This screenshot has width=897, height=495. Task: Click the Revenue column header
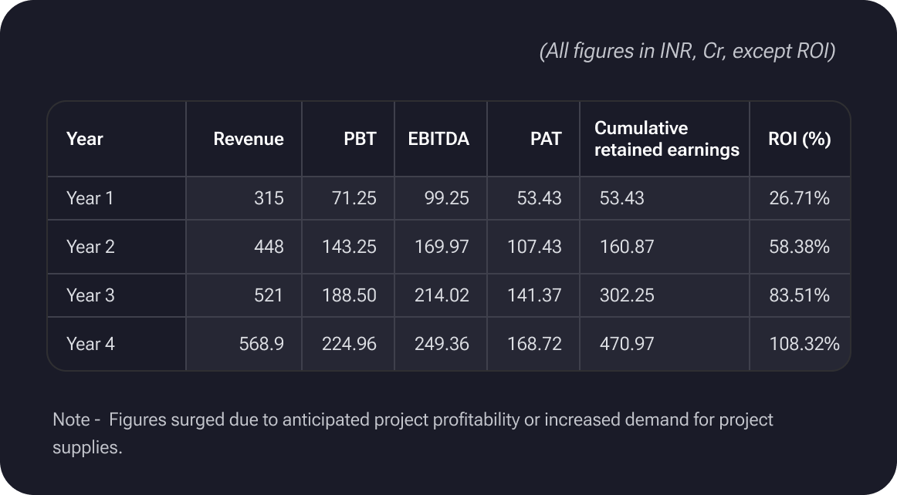[248, 139]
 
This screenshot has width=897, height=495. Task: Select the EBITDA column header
[438, 139]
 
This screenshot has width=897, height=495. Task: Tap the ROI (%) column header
[799, 139]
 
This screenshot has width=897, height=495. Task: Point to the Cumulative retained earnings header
[666, 139]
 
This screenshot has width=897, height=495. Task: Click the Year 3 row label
[90, 295]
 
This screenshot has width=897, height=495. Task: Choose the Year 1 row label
[90, 198]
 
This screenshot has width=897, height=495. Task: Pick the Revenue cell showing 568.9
[262, 344]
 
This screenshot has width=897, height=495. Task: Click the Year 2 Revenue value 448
[269, 247]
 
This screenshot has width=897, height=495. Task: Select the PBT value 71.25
[353, 198]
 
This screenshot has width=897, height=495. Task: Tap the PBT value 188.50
[349, 295]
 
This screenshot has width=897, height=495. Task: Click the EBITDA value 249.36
[441, 344]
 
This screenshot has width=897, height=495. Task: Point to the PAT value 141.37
[534, 295]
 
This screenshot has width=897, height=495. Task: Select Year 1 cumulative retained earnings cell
[621, 198]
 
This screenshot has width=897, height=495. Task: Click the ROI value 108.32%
[804, 344]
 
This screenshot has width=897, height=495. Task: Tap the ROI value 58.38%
[799, 247]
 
